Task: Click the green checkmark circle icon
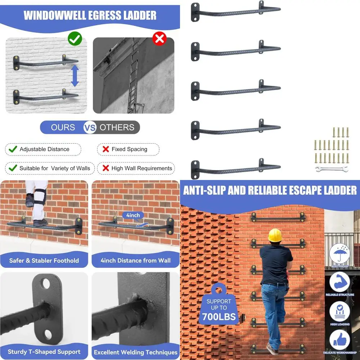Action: tap(75, 39)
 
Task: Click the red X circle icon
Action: tap(159, 39)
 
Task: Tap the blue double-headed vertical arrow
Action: tap(75, 76)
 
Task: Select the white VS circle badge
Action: tap(90, 127)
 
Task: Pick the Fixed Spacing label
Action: tap(129, 149)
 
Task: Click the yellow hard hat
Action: tap(275, 235)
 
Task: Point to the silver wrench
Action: tap(332, 169)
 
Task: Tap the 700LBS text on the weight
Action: tap(219, 317)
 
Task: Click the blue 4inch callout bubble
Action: tap(133, 215)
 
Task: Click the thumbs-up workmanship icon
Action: tap(339, 339)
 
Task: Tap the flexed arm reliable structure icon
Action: tap(339, 282)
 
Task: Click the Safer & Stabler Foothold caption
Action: tap(44, 260)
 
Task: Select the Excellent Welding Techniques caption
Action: tap(136, 352)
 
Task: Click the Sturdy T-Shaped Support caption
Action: tap(44, 352)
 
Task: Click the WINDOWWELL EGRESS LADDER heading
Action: tap(90, 15)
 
